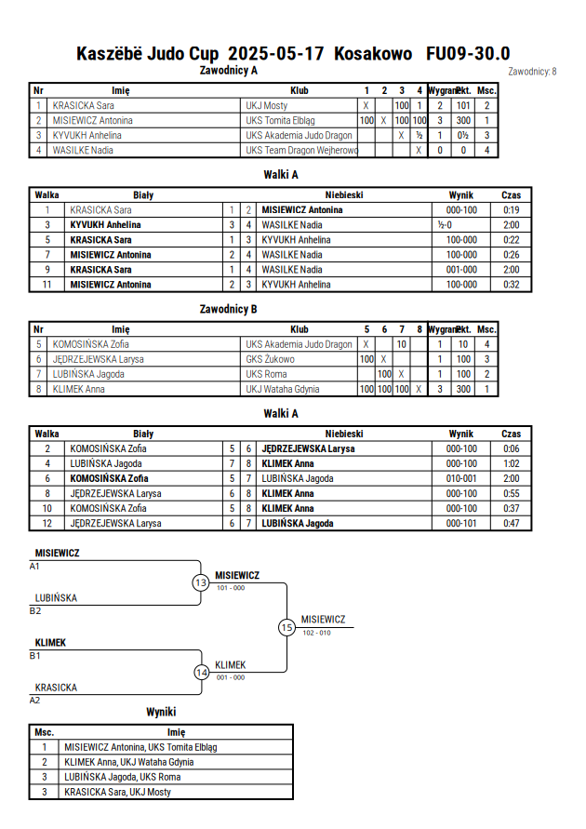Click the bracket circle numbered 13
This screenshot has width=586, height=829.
coord(201,582)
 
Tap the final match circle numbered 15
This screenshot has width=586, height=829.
coord(286,628)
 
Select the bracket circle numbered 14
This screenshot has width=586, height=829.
coord(202,673)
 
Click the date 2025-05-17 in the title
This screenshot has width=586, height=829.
coord(275,54)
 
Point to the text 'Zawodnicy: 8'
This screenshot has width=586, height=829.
coord(532,72)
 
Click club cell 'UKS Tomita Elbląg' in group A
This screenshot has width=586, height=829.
coord(280,121)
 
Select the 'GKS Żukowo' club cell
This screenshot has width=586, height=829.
coord(270,359)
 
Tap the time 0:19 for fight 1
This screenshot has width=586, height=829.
coord(511,210)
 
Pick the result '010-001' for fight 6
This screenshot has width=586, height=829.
coord(461,478)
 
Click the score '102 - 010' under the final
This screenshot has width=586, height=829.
coord(316,633)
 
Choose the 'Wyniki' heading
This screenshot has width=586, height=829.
coord(161,712)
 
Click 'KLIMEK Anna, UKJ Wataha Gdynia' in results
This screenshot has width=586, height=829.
coord(129,762)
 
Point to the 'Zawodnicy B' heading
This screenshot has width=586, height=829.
coord(228,309)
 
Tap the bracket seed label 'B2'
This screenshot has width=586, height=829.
coord(34,610)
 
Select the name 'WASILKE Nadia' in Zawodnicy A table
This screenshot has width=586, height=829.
coord(83,150)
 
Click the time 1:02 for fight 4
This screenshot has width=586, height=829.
coord(511,463)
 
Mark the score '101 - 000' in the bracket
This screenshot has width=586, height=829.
coord(231,588)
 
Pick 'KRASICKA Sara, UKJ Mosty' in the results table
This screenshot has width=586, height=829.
coord(117,792)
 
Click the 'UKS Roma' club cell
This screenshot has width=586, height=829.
coord(266,374)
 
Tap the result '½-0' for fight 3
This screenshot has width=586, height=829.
coord(445,225)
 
